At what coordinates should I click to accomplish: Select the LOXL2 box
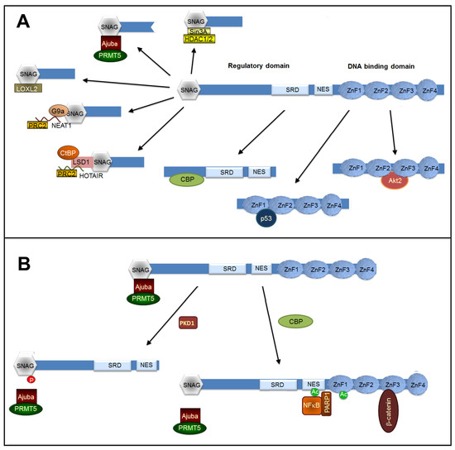(26, 86)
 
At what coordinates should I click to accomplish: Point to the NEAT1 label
(80, 124)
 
